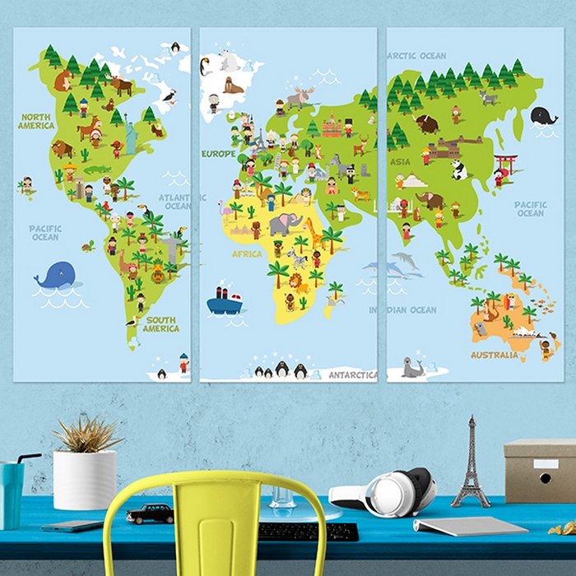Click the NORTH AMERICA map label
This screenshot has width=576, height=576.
[36, 121]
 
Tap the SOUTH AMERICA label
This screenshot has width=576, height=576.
[161, 324]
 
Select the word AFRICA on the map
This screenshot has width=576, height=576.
[246, 254]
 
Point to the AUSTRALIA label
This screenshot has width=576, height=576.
[494, 355]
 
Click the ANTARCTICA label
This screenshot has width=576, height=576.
[353, 374]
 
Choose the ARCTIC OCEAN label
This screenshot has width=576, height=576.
[417, 56]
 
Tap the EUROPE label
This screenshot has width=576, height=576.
[219, 154]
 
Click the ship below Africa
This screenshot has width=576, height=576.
[224, 302]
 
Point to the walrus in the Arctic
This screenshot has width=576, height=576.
[233, 86]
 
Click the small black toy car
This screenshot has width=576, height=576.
[151, 513]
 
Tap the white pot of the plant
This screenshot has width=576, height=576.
[85, 480]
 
